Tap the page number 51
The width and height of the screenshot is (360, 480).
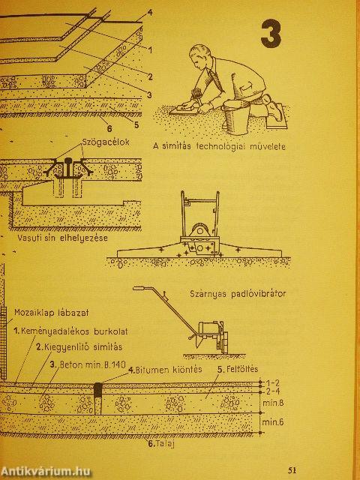292,470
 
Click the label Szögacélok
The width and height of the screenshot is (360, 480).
106,142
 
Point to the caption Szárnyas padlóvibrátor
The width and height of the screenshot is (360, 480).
238,294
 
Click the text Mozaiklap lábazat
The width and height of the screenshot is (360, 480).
52,313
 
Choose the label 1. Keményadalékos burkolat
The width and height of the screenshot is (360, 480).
70,331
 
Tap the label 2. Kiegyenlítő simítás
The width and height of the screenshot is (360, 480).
79,346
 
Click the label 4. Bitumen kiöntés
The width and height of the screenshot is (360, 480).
165,370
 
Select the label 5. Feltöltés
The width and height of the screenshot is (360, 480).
238,369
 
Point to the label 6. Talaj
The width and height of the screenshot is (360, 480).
161,443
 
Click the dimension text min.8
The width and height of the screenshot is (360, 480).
273,403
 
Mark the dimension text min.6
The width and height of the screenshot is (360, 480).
273,422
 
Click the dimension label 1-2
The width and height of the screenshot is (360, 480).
272,382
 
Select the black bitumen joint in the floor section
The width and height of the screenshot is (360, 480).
97,390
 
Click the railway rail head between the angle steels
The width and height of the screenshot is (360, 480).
68,160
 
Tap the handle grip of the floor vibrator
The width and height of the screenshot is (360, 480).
139,288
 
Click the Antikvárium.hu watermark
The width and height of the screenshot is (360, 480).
45,472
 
